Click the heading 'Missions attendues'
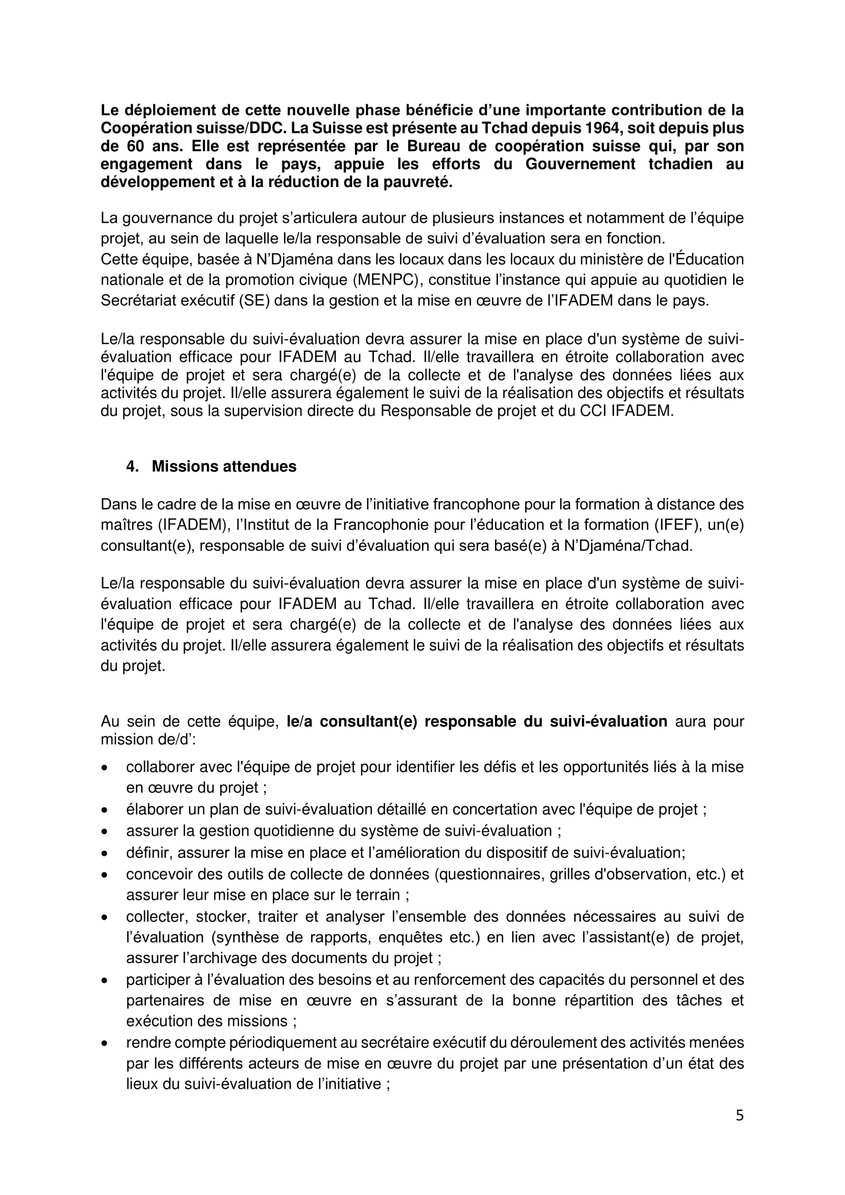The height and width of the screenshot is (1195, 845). [x=224, y=466]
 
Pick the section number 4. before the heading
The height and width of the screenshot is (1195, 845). [x=132, y=466]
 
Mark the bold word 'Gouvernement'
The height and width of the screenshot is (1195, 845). [x=580, y=164]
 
